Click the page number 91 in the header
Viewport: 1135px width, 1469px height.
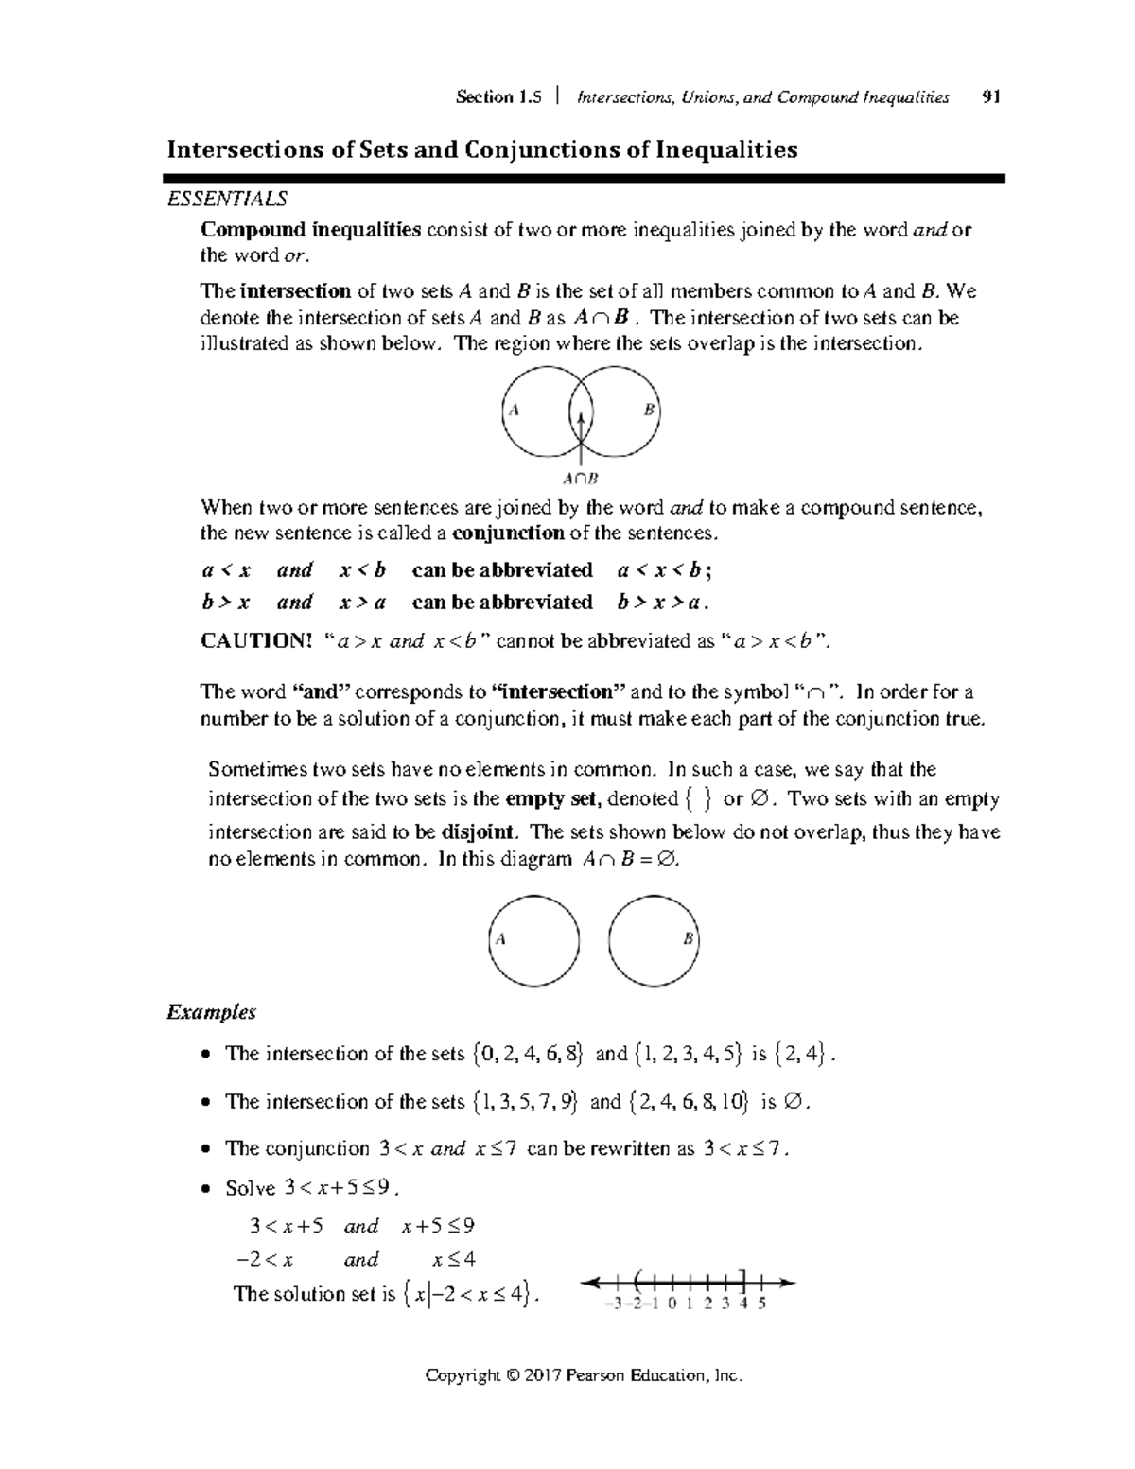991,96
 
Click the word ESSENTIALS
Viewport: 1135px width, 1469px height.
227,199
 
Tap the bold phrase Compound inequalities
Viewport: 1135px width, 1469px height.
310,230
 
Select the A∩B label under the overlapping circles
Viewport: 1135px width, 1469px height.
580,479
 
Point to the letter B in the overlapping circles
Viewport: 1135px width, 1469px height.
649,410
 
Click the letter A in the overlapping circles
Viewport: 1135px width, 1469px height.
514,411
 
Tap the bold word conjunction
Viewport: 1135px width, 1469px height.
508,533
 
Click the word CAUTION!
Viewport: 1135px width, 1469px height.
255,641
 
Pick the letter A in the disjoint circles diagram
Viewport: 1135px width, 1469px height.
500,939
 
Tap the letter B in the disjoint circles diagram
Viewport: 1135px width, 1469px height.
688,939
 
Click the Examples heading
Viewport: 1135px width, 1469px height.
212,1012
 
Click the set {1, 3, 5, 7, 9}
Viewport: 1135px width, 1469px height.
526,1101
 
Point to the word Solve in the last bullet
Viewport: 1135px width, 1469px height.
251,1188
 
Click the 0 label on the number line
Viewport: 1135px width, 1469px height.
672,1303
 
